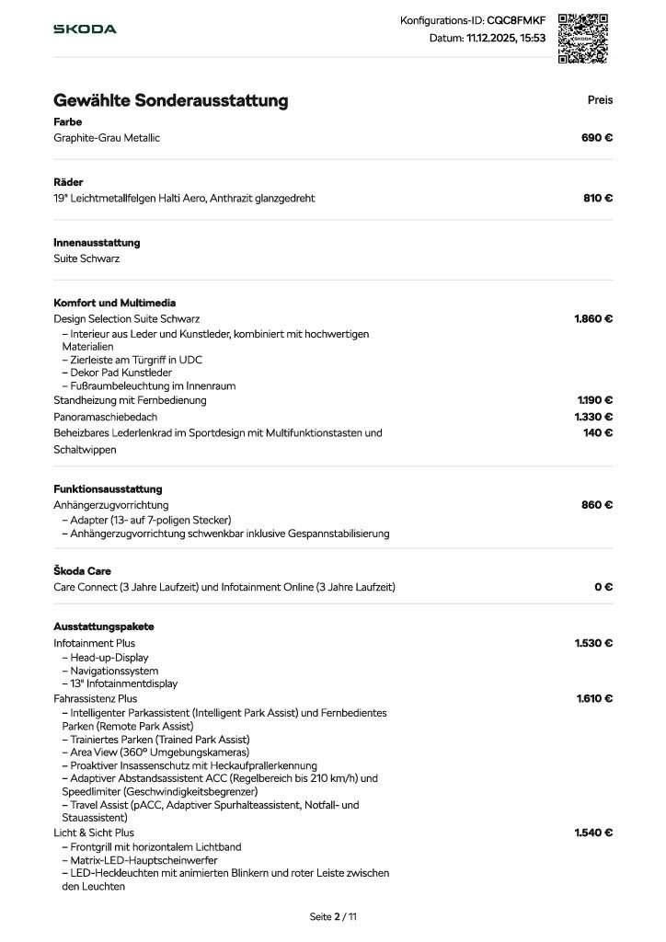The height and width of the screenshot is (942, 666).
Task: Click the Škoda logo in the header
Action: click(85, 29)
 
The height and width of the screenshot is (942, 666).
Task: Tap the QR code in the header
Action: click(583, 38)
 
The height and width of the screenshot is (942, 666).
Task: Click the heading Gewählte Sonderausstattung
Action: click(170, 100)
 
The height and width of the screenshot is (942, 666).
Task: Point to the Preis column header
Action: click(600, 100)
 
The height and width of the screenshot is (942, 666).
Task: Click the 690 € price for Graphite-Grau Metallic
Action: click(597, 138)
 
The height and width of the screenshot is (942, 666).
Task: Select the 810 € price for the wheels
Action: click(598, 198)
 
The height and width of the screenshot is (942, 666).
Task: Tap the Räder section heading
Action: click(68, 182)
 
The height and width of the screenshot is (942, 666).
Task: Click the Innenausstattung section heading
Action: click(97, 243)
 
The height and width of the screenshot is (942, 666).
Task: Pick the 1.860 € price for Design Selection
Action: click(593, 319)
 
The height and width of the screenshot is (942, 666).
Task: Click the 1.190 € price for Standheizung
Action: click(594, 400)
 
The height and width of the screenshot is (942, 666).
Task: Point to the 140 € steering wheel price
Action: click(598, 432)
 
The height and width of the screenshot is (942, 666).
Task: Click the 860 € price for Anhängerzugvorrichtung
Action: click(597, 505)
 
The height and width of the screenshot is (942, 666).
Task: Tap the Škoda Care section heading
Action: click(82, 571)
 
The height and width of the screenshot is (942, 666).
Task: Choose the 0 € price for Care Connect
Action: click(603, 587)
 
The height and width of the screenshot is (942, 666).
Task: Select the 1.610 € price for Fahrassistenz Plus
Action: click(594, 698)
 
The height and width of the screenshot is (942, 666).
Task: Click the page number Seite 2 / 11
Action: click(333, 916)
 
